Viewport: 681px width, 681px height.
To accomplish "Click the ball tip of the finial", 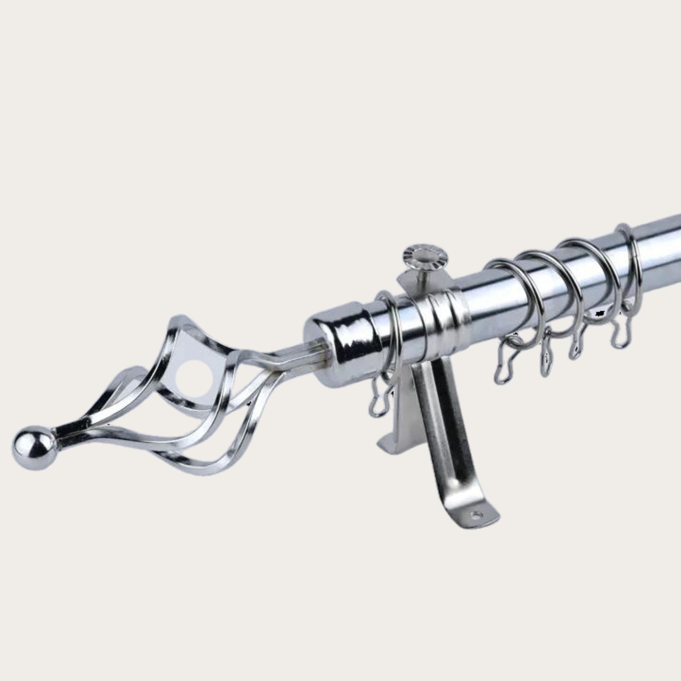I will coord(34,448).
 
